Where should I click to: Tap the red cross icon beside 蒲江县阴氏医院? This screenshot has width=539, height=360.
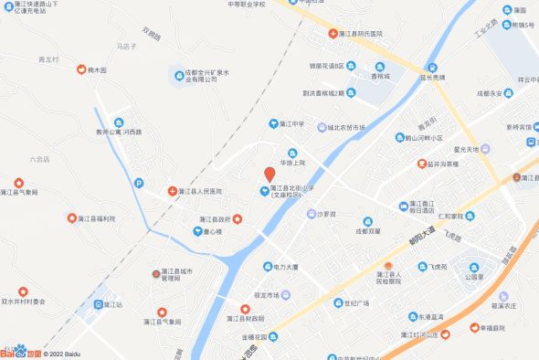[x=333, y=34]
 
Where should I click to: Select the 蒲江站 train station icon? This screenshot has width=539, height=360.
[x=100, y=304]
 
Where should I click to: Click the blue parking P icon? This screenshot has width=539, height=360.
[x=138, y=184]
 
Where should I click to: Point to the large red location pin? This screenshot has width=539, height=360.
[x=269, y=172]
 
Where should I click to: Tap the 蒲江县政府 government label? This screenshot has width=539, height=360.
[x=210, y=219]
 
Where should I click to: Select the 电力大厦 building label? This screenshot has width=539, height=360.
[x=287, y=268]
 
